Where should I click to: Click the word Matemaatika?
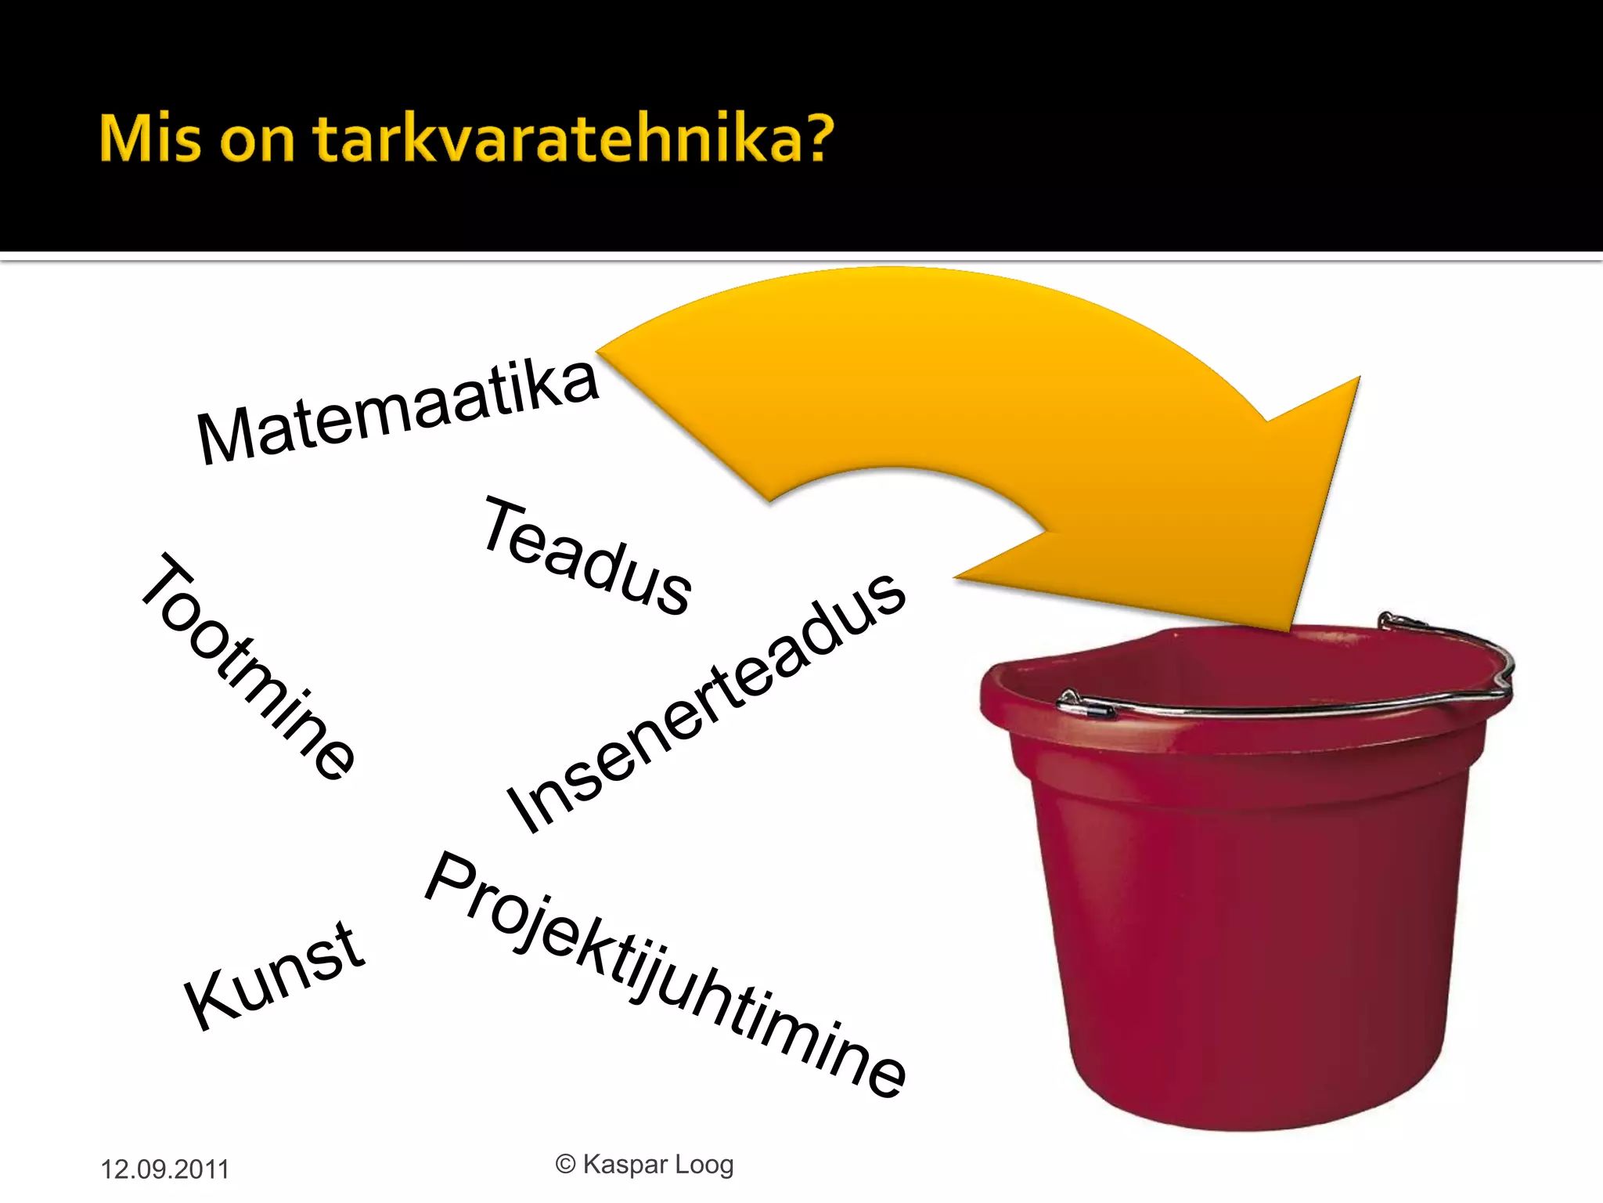click(x=398, y=411)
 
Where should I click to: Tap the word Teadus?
click(x=587, y=556)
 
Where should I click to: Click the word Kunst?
click(x=274, y=975)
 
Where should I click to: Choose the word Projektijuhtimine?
click(x=665, y=975)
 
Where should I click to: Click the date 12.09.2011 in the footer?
click(x=164, y=1169)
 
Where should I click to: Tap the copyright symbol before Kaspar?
click(x=565, y=1165)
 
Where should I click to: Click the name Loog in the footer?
click(x=704, y=1165)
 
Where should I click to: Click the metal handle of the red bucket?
click(x=1284, y=706)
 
